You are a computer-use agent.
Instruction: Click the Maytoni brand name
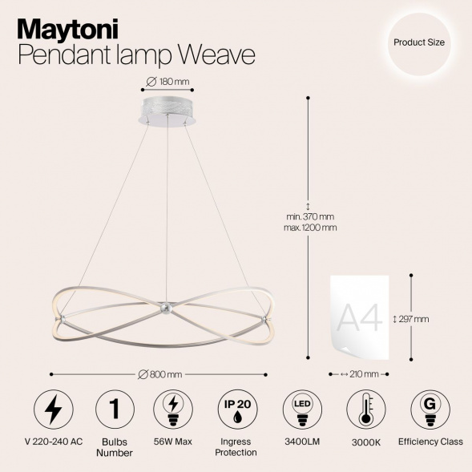pos(68,28)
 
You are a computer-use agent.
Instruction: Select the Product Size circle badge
pos(419,42)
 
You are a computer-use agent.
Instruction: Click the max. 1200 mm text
pos(311,228)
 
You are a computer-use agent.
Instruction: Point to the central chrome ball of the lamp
pos(163,308)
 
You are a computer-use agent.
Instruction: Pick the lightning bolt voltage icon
pos(53,409)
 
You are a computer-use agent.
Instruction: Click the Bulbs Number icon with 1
pos(112,409)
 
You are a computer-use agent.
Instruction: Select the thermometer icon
pos(365,409)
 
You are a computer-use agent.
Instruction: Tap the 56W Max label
pos(172,442)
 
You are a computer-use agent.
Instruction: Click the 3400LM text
pos(299,442)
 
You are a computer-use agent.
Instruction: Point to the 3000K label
pos(365,442)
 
